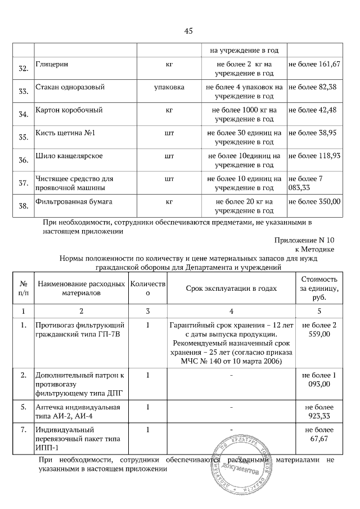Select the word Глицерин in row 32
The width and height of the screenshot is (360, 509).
point(52,65)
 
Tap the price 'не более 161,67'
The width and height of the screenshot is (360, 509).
point(314,65)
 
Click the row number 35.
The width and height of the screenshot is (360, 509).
point(24,137)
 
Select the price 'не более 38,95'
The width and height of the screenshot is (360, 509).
point(312,132)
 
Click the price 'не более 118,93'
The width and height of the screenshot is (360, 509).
point(314,155)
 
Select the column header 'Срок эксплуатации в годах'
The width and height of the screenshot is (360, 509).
point(232,288)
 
